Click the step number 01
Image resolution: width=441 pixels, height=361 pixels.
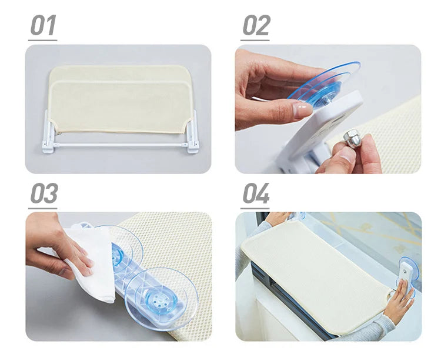[43, 25]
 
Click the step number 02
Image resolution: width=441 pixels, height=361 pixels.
[256, 25]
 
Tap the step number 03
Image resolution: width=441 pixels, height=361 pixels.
[44, 193]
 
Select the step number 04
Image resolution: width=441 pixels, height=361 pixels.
[256, 193]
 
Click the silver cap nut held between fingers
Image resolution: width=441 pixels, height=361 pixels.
[351, 139]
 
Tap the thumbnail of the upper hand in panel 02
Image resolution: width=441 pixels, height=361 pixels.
[302, 109]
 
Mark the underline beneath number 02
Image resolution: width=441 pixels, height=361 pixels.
[255, 40]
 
